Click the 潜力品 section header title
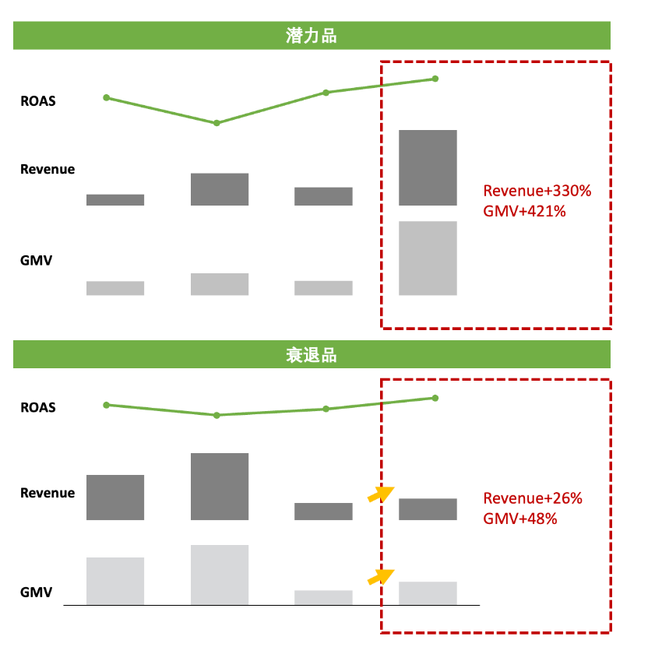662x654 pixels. pos(312,36)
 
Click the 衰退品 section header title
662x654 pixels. pos(312,356)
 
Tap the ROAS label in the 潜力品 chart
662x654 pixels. pos(38,101)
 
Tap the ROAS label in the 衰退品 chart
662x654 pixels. pos(38,407)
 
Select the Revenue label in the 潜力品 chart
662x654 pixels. pos(48,170)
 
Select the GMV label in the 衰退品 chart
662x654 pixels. pos(36,592)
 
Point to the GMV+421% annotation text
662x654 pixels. pos(524,210)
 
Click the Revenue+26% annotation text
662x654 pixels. pos(533,498)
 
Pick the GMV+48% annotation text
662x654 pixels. pos(520,518)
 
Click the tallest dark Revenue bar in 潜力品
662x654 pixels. pos(428,167)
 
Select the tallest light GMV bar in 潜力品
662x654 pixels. pos(428,258)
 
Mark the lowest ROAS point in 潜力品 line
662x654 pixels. pos(217,123)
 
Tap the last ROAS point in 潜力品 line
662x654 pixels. pos(435,79)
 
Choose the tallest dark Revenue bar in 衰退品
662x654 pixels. pos(220,486)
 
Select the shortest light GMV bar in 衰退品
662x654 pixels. pos(323,597)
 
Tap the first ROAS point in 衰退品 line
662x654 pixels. pos(106,405)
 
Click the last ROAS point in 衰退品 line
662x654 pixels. pos(435,398)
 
